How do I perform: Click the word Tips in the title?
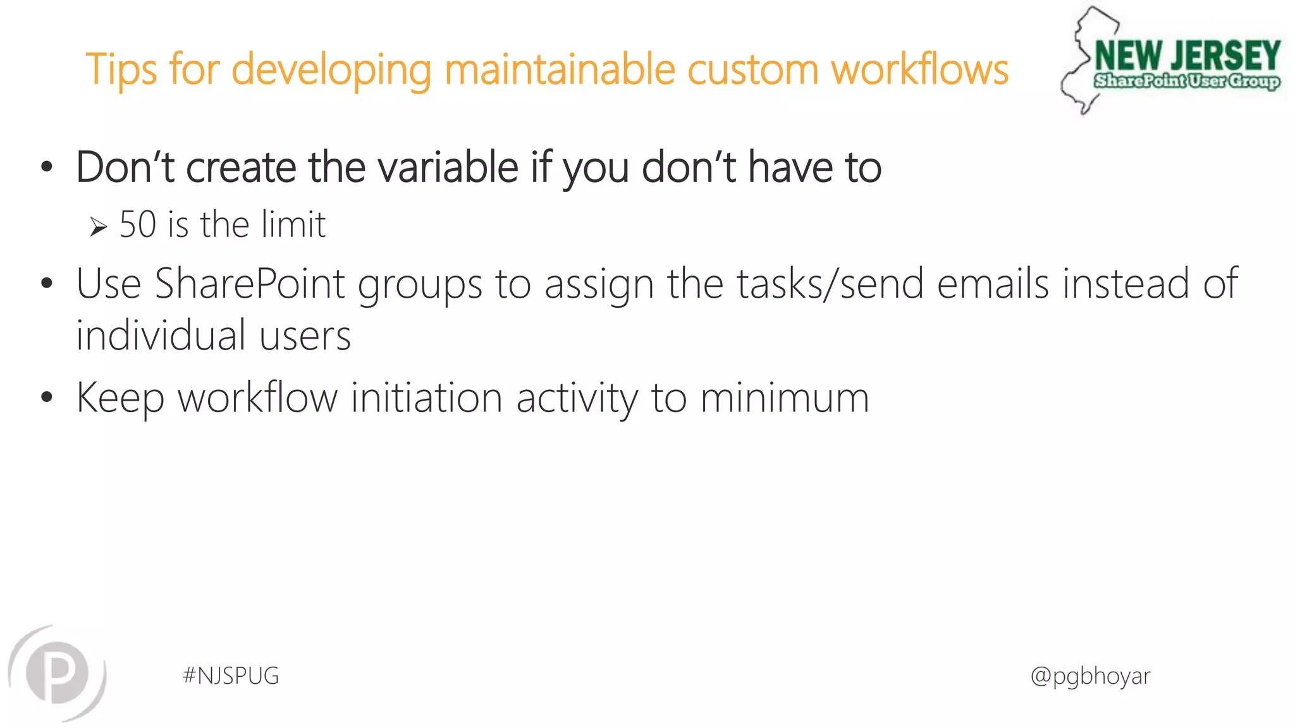(121, 70)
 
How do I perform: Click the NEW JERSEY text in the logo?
(1187, 56)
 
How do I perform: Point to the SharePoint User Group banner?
(1187, 82)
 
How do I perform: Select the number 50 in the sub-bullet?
(138, 224)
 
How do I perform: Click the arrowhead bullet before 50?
(98, 226)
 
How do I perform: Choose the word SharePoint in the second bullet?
(250, 284)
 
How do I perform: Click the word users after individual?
(305, 337)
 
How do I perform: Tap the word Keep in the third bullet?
(120, 399)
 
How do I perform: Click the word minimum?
(785, 398)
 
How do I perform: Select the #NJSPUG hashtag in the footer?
(231, 676)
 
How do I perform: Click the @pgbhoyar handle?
(1090, 676)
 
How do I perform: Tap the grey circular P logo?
(58, 673)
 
